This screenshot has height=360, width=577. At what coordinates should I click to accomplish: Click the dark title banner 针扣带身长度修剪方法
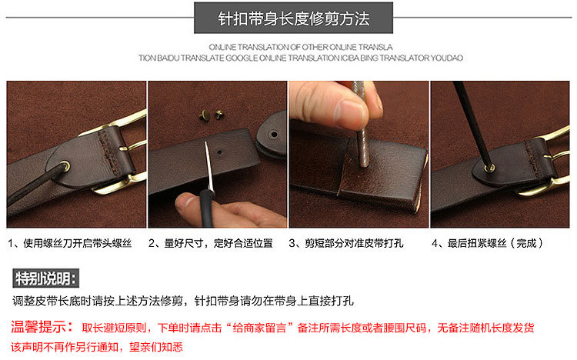click(293, 18)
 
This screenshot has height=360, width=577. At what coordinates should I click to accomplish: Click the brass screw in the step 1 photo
click(65, 166)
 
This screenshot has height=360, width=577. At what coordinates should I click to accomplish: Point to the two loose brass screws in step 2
click(212, 115)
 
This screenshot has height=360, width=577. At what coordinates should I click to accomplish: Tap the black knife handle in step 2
click(207, 208)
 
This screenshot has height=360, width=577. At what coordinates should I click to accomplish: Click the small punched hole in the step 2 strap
click(219, 152)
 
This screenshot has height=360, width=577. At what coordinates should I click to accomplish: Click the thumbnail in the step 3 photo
click(349, 112)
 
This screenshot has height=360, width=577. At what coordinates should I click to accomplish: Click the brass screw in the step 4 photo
click(489, 168)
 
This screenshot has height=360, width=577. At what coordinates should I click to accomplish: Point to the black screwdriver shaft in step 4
click(473, 124)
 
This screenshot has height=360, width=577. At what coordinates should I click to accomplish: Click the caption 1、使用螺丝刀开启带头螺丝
click(70, 243)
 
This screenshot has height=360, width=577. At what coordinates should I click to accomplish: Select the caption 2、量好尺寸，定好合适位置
click(211, 243)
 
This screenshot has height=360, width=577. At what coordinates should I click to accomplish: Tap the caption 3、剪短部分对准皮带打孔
click(346, 243)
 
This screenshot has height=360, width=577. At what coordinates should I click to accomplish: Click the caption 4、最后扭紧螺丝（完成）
click(487, 243)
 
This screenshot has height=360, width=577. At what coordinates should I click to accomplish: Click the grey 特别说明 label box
click(45, 278)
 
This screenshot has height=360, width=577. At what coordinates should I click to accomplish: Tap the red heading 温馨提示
click(42, 327)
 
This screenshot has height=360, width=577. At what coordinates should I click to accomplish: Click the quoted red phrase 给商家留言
click(260, 328)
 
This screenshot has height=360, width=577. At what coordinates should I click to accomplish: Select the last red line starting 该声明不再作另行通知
click(97, 347)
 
